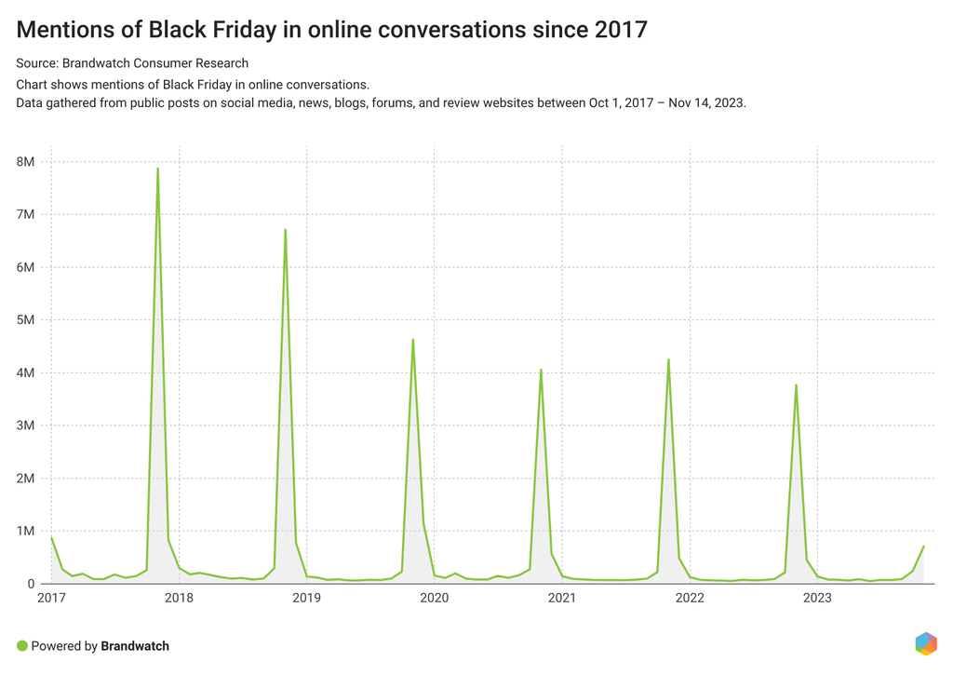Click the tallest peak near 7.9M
pos(157,169)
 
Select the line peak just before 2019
pos(285,230)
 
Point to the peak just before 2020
pos(412,340)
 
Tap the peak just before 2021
pos(541,370)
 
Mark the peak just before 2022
pos(668,359)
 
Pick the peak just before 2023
pos(796,385)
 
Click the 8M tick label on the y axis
pos(25,162)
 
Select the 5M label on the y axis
pos(25,320)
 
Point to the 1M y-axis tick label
pos(25,532)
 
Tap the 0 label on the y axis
pos(31,585)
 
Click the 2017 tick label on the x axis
pos(51,598)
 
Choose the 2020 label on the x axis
pos(435,598)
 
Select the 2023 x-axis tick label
pos(817,598)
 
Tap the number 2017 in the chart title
pos(618,30)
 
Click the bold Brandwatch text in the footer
pos(135,645)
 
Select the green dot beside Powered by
pos(22,645)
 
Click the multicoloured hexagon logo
pos(925,643)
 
